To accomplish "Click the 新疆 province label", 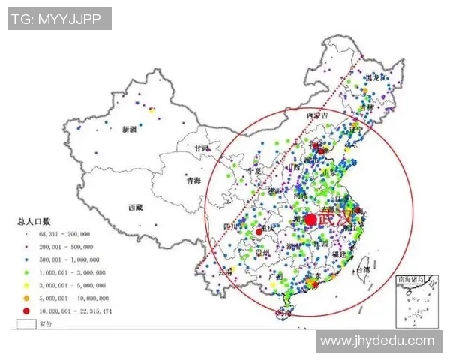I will pyautogui.click(x=128, y=130).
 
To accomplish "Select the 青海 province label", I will pyautogui.click(x=193, y=180).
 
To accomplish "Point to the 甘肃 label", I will pyautogui.click(x=201, y=148).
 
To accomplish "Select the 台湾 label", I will pyautogui.click(x=362, y=268).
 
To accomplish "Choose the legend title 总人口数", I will pyautogui.click(x=34, y=222).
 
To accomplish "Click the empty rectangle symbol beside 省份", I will pyautogui.click(x=27, y=324).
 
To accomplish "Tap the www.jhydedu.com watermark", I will pyautogui.click(x=377, y=341).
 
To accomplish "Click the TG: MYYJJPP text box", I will pyautogui.click(x=59, y=19).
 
